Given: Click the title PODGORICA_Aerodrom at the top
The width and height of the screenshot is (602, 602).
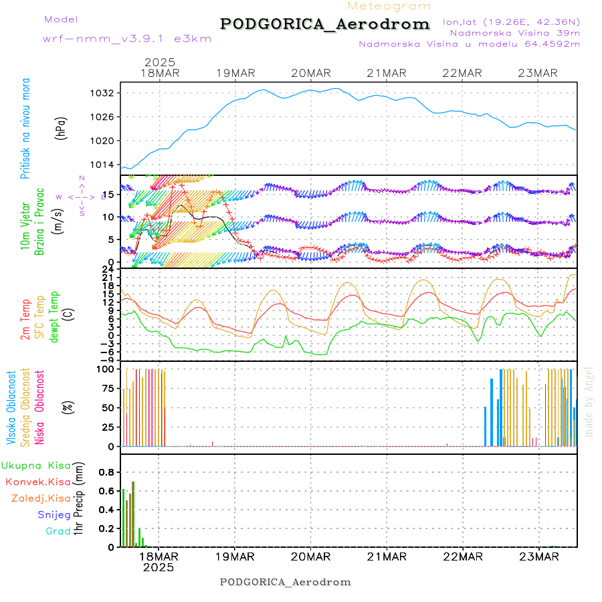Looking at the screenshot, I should [324, 24].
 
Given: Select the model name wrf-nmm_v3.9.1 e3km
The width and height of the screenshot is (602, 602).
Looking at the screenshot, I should [127, 39].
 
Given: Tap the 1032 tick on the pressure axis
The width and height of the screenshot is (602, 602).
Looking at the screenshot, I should [106, 93].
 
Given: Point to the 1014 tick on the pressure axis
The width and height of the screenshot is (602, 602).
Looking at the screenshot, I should [106, 165].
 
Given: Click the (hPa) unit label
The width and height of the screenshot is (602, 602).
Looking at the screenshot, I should [62, 127].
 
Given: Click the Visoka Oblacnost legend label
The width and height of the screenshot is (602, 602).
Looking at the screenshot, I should [11, 406].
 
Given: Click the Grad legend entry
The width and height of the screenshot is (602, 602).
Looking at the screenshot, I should [58, 531].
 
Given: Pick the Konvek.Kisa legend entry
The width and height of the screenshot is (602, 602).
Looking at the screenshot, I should [37, 482].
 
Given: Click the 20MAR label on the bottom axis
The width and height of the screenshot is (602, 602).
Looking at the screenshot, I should [311, 557].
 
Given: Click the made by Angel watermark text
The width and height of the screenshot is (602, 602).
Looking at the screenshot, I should [589, 401].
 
